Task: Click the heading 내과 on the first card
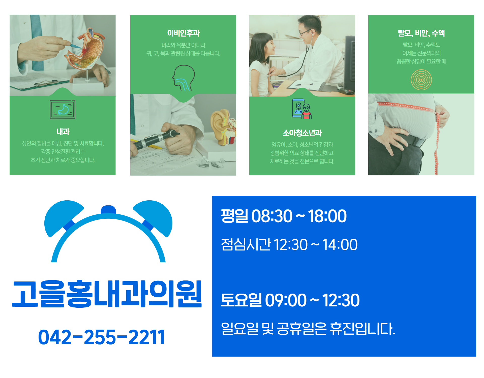point(63,132)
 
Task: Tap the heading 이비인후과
point(183,33)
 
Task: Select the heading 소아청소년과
point(302,133)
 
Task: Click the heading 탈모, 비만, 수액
point(421,33)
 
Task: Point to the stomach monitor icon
point(63,109)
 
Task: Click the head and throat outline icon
point(183,78)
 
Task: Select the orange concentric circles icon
point(421,80)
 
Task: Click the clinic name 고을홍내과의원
point(107,294)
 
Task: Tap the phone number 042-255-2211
point(101,337)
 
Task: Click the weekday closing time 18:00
point(327,216)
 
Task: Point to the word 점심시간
point(246,244)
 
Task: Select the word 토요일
point(241,300)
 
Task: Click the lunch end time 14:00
point(340,245)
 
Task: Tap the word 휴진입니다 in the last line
point(362,329)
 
